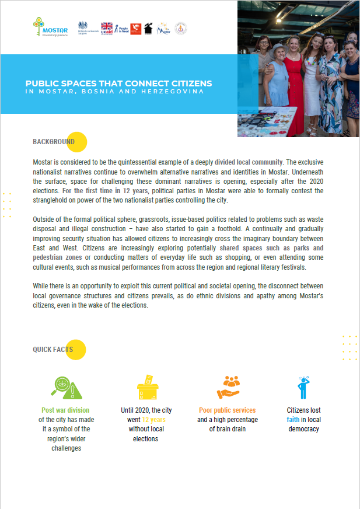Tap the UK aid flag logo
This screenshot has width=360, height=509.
pos(107,28)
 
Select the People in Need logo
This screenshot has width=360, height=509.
pos(121,28)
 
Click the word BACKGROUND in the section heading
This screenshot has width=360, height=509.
pos(54,142)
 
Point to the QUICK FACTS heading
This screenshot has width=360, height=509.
pos(53,350)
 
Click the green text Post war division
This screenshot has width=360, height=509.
pos(65,410)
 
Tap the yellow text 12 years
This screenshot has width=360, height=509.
pos(154,420)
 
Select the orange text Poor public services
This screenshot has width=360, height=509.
pos(227,410)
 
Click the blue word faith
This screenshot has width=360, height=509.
pos(292,420)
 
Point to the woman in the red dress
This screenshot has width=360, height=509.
pos(292,88)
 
